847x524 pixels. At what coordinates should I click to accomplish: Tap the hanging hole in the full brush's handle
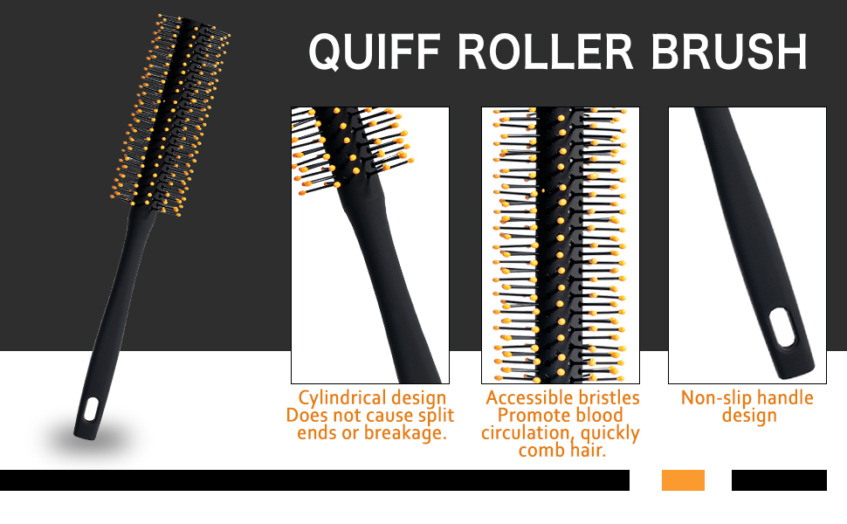point(92,408)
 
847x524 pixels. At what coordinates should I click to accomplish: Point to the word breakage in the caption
point(409,432)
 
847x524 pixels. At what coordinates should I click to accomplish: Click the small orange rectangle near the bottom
point(683,480)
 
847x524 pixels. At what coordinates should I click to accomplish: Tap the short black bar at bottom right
point(779,480)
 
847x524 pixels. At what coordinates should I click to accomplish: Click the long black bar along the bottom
point(314,480)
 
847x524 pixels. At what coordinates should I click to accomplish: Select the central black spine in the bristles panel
point(559,245)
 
